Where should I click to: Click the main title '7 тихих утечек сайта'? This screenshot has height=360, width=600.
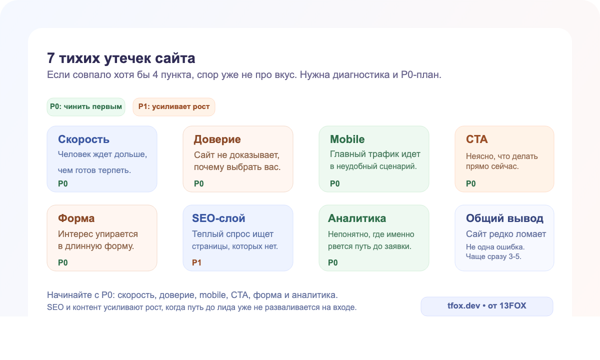pos(121,58)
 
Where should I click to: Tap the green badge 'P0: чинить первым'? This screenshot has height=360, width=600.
pos(86,106)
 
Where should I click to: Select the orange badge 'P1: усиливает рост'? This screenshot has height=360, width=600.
pos(173,106)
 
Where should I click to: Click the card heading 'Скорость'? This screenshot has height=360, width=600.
pos(83,139)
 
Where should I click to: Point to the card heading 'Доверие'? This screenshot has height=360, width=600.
pos(217,139)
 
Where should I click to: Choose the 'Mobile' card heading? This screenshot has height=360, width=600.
pos(347,139)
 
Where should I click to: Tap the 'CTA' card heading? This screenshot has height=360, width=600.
pos(476,139)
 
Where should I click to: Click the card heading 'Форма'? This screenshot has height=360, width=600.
pos(76,218)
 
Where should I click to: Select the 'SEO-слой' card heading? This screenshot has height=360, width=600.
pos(218,218)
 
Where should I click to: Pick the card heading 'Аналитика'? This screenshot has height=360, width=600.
pos(357,218)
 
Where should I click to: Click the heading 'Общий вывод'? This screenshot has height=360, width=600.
pos(504,218)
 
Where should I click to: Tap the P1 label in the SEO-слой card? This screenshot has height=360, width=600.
pos(197,262)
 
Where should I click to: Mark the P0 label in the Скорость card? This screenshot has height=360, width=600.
pos(63,183)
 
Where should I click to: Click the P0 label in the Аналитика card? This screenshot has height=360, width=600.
pos(333,262)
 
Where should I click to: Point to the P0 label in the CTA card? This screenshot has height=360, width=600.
pos(471,183)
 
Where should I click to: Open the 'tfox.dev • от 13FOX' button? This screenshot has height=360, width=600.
pos(487,306)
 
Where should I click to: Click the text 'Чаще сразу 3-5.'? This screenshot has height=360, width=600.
pos(494,256)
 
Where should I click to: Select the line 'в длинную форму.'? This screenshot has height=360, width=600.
pos(96,246)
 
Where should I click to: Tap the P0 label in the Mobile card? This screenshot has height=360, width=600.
pos(335,183)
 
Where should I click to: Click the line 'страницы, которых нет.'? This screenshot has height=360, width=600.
pos(234,246)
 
